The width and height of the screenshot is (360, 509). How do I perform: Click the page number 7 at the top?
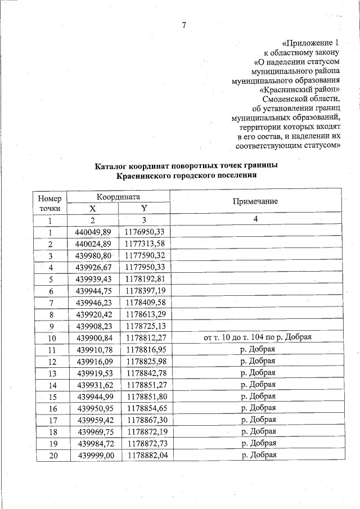coord(183,25)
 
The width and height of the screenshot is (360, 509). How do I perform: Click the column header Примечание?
coord(255,202)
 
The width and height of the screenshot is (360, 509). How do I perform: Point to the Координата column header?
coord(118,197)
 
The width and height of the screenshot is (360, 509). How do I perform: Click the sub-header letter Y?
coord(144,208)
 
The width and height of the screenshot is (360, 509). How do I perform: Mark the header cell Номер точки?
coord(50,202)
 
